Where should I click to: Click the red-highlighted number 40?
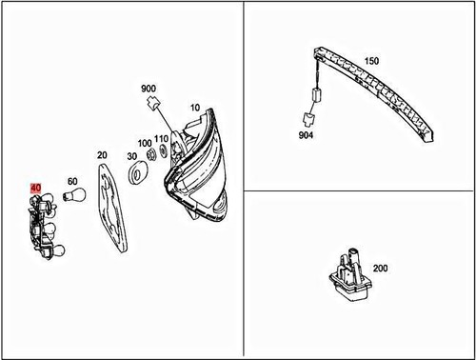click(x=36, y=189)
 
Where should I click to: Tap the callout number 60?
click(x=71, y=181)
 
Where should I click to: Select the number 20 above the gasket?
click(x=102, y=154)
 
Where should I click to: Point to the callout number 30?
click(x=130, y=155)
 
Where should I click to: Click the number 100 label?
click(x=145, y=143)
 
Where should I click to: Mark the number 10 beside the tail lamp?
click(x=195, y=108)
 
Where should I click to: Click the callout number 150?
click(x=371, y=61)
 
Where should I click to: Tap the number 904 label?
click(x=305, y=135)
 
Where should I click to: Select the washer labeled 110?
click(x=164, y=150)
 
